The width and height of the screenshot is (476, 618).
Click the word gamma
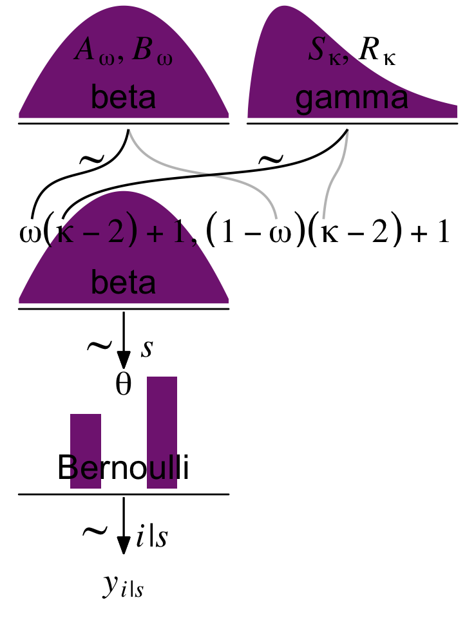(352, 100)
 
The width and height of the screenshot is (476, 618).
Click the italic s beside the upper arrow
(147, 348)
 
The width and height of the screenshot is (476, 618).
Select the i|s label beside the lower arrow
(153, 536)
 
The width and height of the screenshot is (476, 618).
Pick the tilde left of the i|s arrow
(95, 532)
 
